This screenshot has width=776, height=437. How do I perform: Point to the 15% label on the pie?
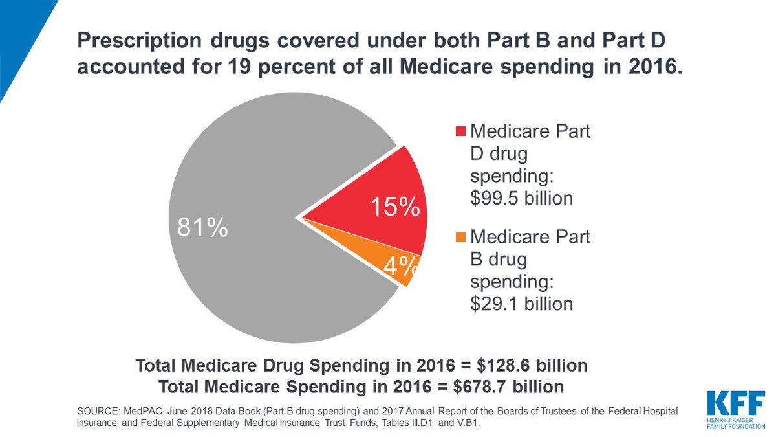coord(394,207)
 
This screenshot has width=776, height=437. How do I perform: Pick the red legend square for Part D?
coord(460,132)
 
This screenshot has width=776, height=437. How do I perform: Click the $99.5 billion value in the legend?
coord(521,197)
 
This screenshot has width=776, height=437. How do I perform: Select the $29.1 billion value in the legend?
coord(521,303)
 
